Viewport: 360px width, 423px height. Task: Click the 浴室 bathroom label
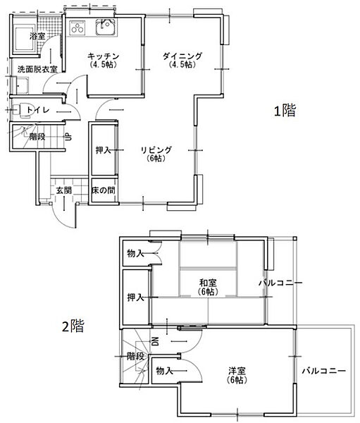(x=37, y=36)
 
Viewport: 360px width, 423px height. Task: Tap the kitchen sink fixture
(x=106, y=27)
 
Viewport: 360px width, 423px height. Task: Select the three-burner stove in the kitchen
(x=77, y=27)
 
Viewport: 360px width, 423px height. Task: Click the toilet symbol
(x=23, y=110)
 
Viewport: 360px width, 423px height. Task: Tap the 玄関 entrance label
(x=64, y=190)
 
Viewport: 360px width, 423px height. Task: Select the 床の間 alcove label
(x=104, y=190)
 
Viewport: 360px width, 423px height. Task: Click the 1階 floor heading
(x=285, y=111)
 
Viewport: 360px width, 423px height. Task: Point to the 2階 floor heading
(x=73, y=326)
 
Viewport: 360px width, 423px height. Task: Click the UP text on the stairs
(x=68, y=137)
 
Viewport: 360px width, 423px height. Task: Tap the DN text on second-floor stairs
(x=156, y=342)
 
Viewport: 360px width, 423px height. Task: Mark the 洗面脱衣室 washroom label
(x=37, y=69)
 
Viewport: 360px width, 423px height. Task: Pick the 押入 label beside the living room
(x=104, y=150)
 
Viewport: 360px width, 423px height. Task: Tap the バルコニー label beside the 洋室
(x=324, y=370)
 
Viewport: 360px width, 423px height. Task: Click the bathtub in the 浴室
(x=25, y=38)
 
